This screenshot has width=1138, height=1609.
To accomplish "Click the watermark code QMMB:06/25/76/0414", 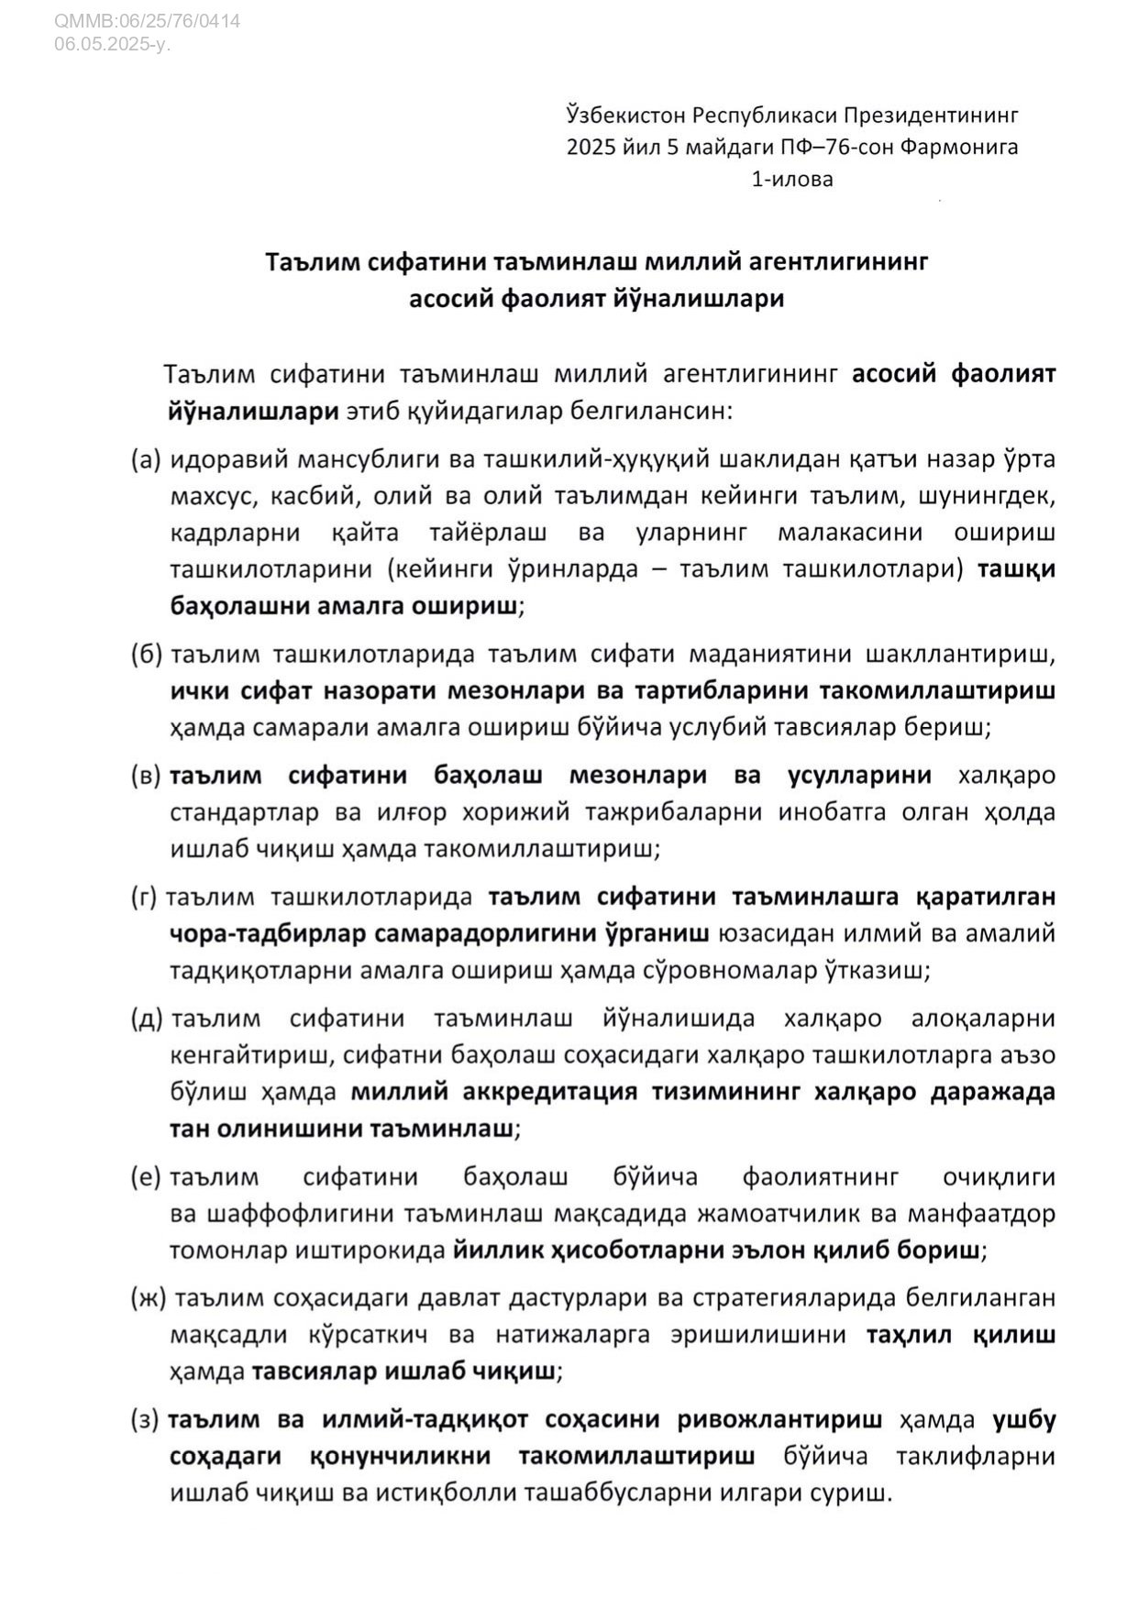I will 148,20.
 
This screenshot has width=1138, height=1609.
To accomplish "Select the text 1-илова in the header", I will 792,180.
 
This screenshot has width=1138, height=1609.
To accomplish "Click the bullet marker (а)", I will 147,459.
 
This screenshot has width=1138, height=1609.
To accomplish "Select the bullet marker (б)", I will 147,654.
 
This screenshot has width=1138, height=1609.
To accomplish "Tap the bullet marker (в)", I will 147,776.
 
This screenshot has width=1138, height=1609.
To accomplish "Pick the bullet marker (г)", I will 145,897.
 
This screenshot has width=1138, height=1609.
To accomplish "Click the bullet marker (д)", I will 147,1019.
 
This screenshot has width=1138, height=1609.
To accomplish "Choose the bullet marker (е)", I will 147,1177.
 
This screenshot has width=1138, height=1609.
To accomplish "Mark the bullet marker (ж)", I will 149,1298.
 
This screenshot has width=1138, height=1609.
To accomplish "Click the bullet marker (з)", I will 146,1420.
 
